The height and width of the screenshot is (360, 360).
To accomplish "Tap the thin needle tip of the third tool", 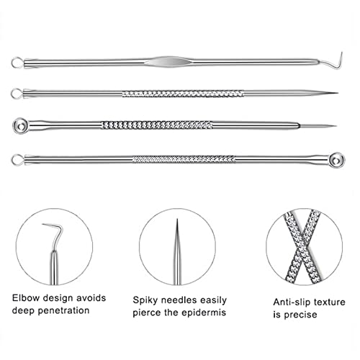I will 333,125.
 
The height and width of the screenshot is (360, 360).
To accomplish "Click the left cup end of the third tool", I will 18,125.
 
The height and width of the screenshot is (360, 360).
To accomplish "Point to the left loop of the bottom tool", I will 17,156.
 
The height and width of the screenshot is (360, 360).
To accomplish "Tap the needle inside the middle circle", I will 176,241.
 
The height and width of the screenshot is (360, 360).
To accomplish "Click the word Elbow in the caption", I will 27,297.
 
